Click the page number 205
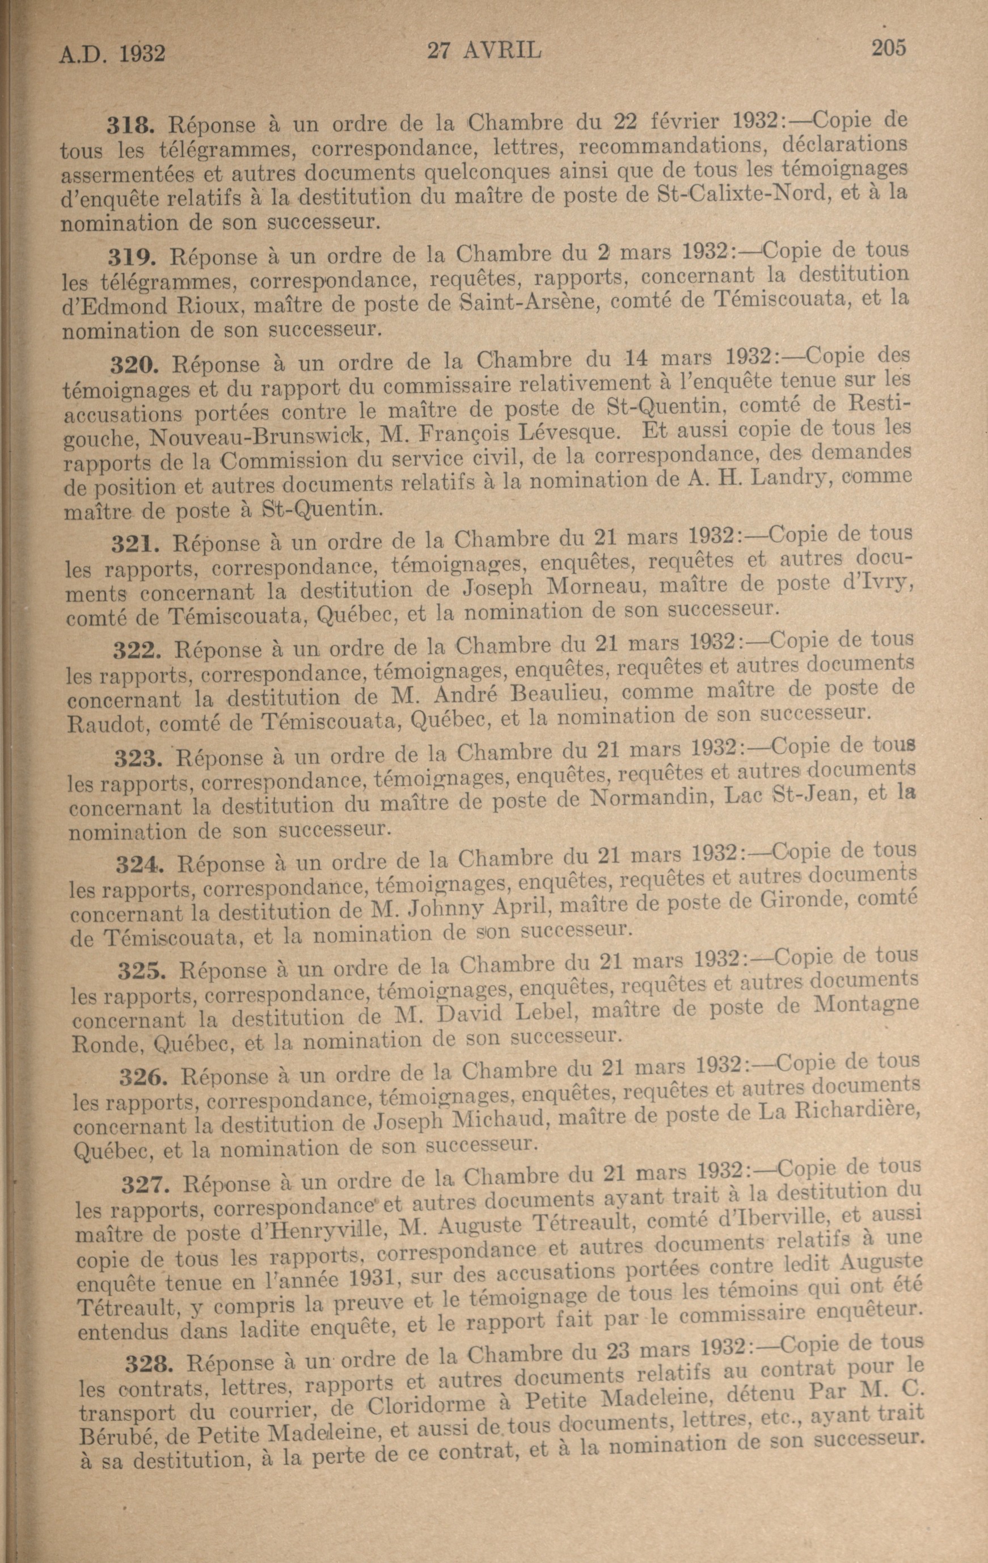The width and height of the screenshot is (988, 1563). [x=888, y=48]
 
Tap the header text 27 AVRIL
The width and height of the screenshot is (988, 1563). [x=484, y=50]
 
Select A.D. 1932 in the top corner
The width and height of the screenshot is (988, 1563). [x=112, y=54]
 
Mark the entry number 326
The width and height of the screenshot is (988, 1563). [x=143, y=1078]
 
